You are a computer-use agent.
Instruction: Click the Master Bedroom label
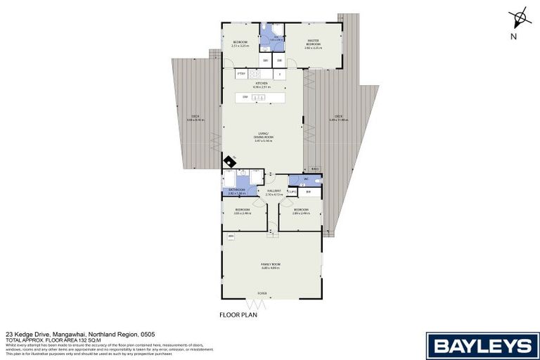point(313,46)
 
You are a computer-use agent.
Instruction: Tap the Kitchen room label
point(262,85)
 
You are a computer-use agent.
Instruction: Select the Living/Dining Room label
point(262,139)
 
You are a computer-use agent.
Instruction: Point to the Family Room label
point(271,266)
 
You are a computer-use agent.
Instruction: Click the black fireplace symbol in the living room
point(229,162)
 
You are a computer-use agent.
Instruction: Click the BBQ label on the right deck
point(315,169)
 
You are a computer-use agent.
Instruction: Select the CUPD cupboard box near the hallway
point(291,191)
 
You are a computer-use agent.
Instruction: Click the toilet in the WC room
point(319,181)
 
